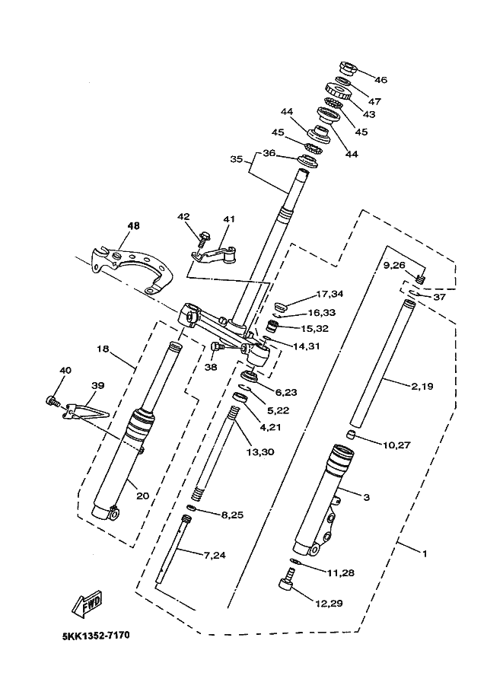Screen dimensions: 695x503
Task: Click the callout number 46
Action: (380, 80)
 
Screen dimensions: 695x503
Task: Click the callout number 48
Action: (133, 226)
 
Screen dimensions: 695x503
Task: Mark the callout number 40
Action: (66, 370)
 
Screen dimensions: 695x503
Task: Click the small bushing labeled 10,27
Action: (352, 435)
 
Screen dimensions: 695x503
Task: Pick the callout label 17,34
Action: (329, 294)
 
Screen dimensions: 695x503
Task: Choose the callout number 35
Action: (237, 159)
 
